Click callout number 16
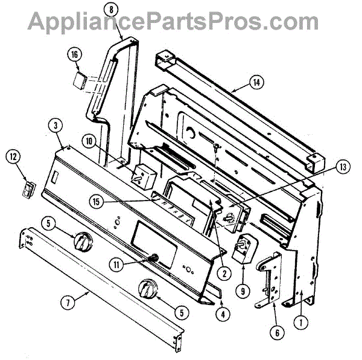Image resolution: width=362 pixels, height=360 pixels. (75, 54)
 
